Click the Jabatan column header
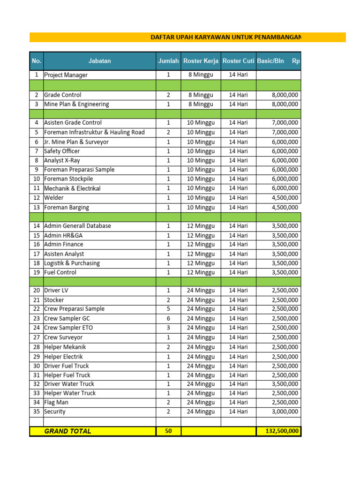pyautogui.click(x=99, y=61)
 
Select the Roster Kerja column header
pyautogui.click(x=201, y=61)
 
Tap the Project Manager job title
pyautogui.click(x=66, y=75)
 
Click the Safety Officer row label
pyautogui.click(x=62, y=151)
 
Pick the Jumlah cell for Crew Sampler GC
pyautogui.click(x=168, y=318)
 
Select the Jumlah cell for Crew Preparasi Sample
pyautogui.click(x=168, y=309)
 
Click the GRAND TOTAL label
pyautogui.click(x=67, y=431)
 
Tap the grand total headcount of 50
pyautogui.click(x=168, y=431)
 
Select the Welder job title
pyautogui.click(x=54, y=198)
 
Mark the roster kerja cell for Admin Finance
pyautogui.click(x=201, y=244)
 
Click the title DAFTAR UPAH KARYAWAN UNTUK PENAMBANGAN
pyautogui.click(x=225, y=37)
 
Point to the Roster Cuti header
pyautogui.click(x=238, y=61)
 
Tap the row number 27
pyautogui.click(x=36, y=337)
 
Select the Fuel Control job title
pyautogui.click(x=60, y=272)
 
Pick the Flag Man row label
pyautogui.click(x=56, y=402)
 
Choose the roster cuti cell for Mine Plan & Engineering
pyautogui.click(x=238, y=104)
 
